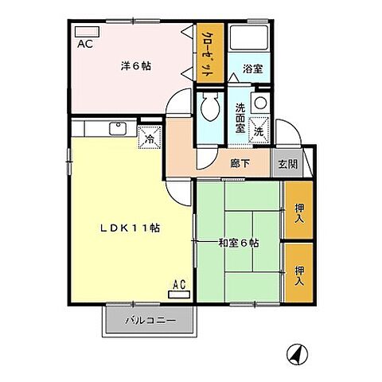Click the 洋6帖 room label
coord(136,67)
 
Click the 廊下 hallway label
coord(240,164)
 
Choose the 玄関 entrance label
coord(287,165)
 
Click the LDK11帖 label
coord(131,227)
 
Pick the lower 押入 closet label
coord(299,275)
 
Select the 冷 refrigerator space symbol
coord(149,138)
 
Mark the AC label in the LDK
coord(179,284)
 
